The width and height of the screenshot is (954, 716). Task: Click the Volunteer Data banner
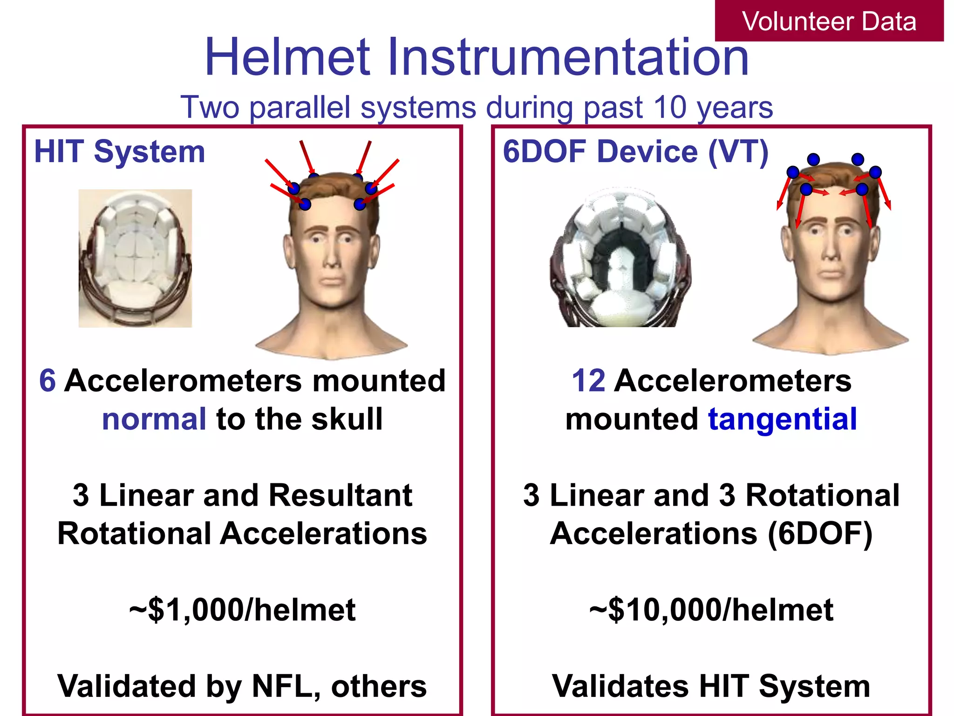point(829,21)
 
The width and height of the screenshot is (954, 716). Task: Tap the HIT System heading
point(120,152)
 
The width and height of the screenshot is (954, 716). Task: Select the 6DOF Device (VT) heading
point(635,152)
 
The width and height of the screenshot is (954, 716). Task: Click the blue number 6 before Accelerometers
point(48,381)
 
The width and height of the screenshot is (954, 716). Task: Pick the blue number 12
point(588,381)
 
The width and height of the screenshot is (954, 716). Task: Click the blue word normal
point(154,419)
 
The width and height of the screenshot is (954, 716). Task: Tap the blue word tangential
point(783,419)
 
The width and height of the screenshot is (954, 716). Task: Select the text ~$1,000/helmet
point(242,610)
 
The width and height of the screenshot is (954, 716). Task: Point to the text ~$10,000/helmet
point(711,610)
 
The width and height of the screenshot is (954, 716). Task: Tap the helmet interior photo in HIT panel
point(135,258)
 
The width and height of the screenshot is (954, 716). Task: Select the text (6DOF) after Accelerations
point(820,533)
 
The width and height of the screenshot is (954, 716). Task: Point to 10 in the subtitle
point(670,108)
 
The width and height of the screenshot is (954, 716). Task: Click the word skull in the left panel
point(347,419)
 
